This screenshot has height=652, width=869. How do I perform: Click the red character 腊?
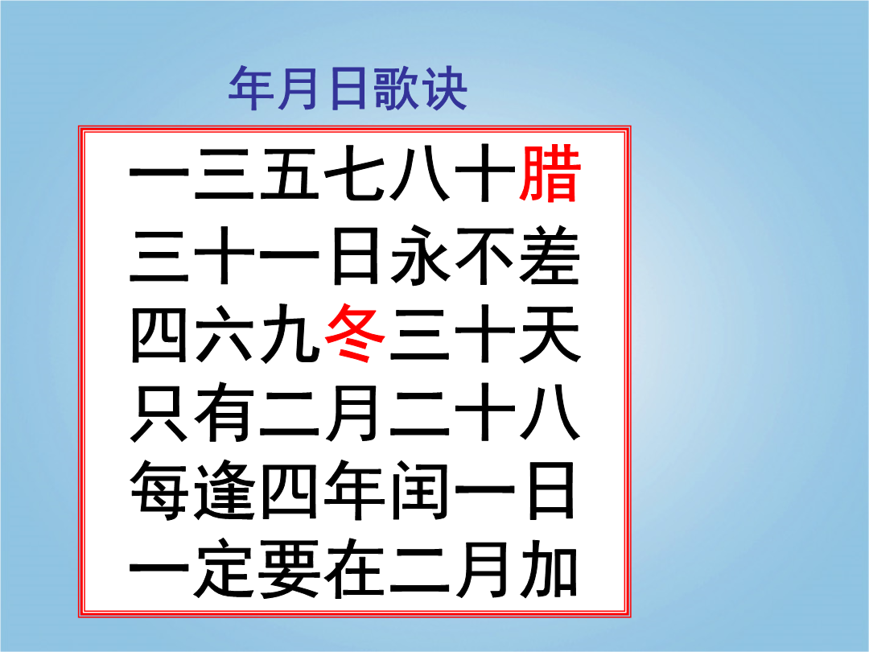click(x=550, y=173)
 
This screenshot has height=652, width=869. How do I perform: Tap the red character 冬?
click(x=355, y=333)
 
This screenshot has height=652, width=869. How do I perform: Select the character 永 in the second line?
click(x=420, y=255)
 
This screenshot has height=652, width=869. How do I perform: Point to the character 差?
click(x=550, y=255)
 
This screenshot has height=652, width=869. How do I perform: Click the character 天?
click(x=550, y=333)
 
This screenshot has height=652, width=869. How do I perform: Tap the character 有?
click(x=224, y=412)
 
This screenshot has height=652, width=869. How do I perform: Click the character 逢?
click(x=224, y=491)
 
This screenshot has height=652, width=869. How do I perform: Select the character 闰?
click(x=420, y=491)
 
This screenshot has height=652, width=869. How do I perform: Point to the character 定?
click(x=224, y=568)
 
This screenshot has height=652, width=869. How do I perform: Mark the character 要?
click(x=290, y=568)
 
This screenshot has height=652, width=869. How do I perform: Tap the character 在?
click(x=355, y=568)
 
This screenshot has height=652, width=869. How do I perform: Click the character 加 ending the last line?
click(x=550, y=568)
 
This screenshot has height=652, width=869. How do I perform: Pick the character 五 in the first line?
click(x=290, y=173)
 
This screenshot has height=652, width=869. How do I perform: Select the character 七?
click(x=355, y=173)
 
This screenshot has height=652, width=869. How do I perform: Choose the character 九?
click(x=290, y=333)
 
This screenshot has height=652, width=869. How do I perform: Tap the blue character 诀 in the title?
click(x=444, y=88)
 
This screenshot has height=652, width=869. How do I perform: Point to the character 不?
click(x=485, y=255)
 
